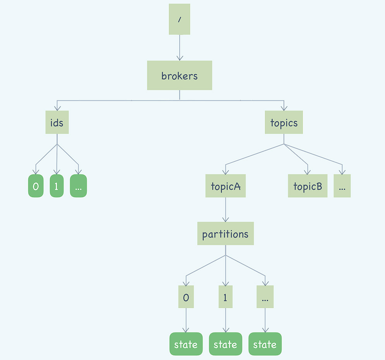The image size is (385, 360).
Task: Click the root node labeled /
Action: [x=179, y=19]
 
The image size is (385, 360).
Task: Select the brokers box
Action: [x=179, y=76]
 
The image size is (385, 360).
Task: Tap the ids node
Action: [x=57, y=122]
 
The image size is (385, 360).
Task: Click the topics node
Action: [x=284, y=122]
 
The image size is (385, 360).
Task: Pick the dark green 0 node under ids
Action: [x=36, y=186]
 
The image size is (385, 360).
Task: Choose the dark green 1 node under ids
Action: [x=57, y=186]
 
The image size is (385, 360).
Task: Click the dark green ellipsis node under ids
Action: [x=78, y=186]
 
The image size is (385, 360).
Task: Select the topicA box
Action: [x=225, y=186]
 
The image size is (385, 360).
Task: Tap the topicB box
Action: [x=308, y=186]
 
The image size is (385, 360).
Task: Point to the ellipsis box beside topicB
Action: [x=342, y=186]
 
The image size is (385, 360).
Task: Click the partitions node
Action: [x=225, y=234]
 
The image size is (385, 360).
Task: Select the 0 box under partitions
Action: [x=186, y=297]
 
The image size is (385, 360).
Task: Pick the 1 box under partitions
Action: [x=225, y=297]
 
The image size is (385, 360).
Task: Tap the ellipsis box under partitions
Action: [x=265, y=297]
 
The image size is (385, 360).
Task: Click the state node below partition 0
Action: [x=186, y=344]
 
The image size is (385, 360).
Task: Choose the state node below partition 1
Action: [x=225, y=344]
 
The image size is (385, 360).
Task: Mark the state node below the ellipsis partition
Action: [x=265, y=344]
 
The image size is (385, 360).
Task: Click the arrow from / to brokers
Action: [x=179, y=47]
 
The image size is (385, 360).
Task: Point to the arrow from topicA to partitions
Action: [x=225, y=209]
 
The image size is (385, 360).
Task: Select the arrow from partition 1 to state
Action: [x=225, y=320]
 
